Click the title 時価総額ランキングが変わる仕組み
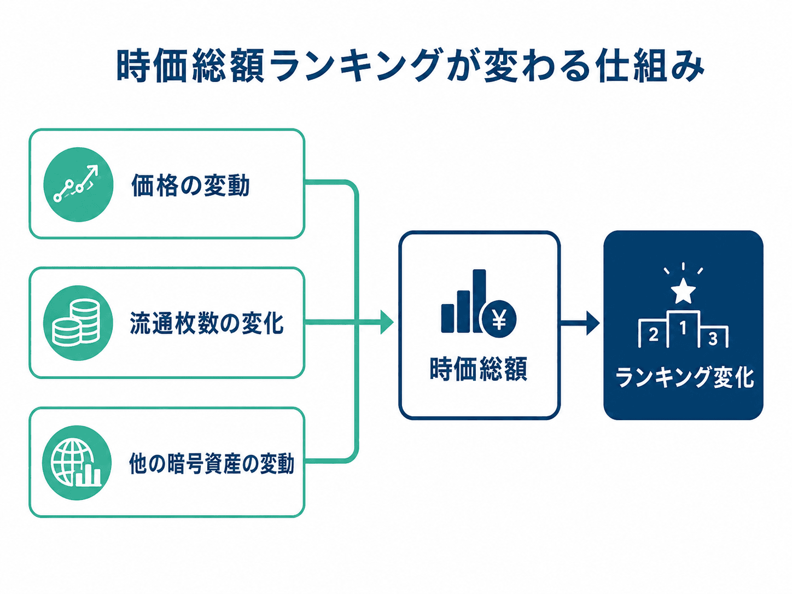[x=411, y=67]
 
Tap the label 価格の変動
[x=190, y=185]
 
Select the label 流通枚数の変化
[x=206, y=323]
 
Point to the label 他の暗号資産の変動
[x=212, y=463]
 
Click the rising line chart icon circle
[x=78, y=184]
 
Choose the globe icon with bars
[x=76, y=463]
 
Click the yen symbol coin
[x=499, y=319]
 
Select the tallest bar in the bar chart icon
[x=479, y=300]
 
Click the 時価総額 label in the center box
[x=479, y=369]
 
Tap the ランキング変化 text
[x=684, y=377]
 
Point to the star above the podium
[x=683, y=290]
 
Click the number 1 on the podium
[x=683, y=328]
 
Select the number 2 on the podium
[x=653, y=335]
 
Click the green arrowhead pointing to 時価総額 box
[x=387, y=322]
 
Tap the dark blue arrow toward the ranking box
[x=579, y=323]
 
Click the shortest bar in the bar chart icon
[x=448, y=318]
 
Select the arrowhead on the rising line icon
[x=94, y=169]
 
